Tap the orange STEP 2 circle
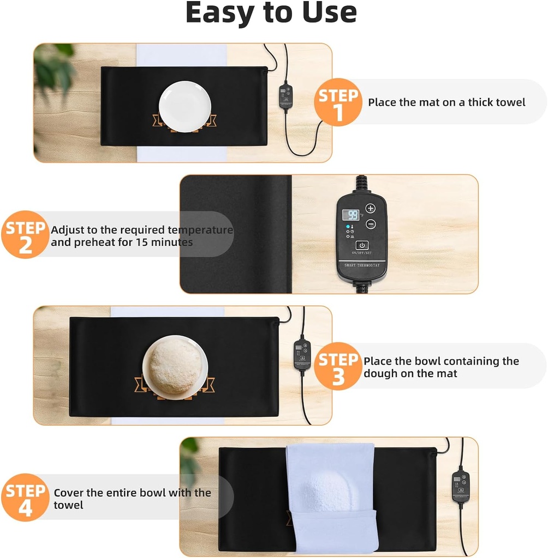[x=25, y=234]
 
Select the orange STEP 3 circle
[x=338, y=366]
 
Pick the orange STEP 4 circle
[x=25, y=498]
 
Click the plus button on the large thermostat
[x=371, y=209]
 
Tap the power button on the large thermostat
[x=362, y=245]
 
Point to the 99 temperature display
[x=350, y=215]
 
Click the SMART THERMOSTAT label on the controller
[x=362, y=265]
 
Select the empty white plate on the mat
[x=185, y=106]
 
